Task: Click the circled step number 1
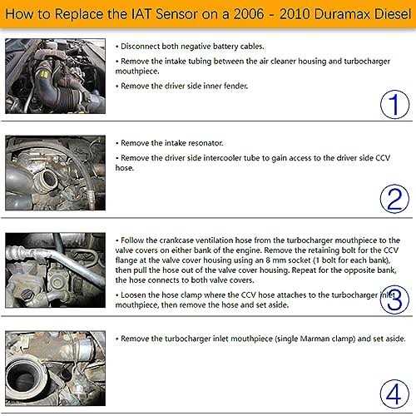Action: click(x=394, y=105)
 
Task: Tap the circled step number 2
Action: click(x=394, y=199)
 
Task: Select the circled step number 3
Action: click(x=394, y=300)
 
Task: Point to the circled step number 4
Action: click(x=394, y=394)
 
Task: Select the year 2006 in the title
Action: click(x=249, y=14)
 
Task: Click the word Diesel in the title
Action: click(x=393, y=14)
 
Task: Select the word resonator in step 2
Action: click(x=206, y=143)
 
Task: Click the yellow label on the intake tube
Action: click(x=44, y=74)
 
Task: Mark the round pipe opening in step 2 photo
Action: click(x=47, y=179)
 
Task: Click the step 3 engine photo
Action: click(x=56, y=270)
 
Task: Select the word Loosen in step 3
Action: click(x=131, y=295)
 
